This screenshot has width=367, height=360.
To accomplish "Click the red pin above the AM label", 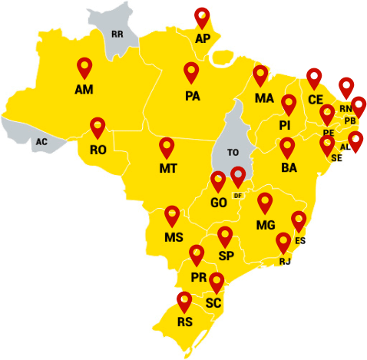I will pos(84,68).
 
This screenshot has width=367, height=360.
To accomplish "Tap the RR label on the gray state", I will pos(117,35).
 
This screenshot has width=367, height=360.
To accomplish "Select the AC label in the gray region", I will pos(41,142).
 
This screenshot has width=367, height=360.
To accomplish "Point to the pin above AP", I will pos(202,17).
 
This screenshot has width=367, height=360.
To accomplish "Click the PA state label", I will pos(192,97).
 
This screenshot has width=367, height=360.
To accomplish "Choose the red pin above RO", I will pos(98,127).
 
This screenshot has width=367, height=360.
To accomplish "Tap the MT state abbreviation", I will pos(168,168).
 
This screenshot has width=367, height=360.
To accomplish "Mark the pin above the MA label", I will pos(262,76).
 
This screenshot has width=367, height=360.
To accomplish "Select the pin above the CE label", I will pos(314,78).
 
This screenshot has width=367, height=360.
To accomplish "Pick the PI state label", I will pos(285,125).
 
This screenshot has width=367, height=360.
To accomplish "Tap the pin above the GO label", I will pos(219,182).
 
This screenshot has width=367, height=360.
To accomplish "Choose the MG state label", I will pos(266,225).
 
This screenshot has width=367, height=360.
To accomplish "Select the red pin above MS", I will pos(173,215).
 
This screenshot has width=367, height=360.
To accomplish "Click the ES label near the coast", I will pos(300,241).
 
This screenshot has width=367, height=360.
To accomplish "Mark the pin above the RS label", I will pos(184,302).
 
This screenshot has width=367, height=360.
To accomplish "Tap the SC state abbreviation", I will pos(214,303).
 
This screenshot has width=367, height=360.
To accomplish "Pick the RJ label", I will pos(286,262).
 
